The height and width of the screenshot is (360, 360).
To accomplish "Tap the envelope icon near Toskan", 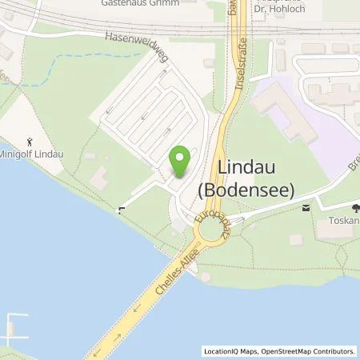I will click(x=306, y=208).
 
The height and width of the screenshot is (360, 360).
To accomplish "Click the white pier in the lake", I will click(x=11, y=326).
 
